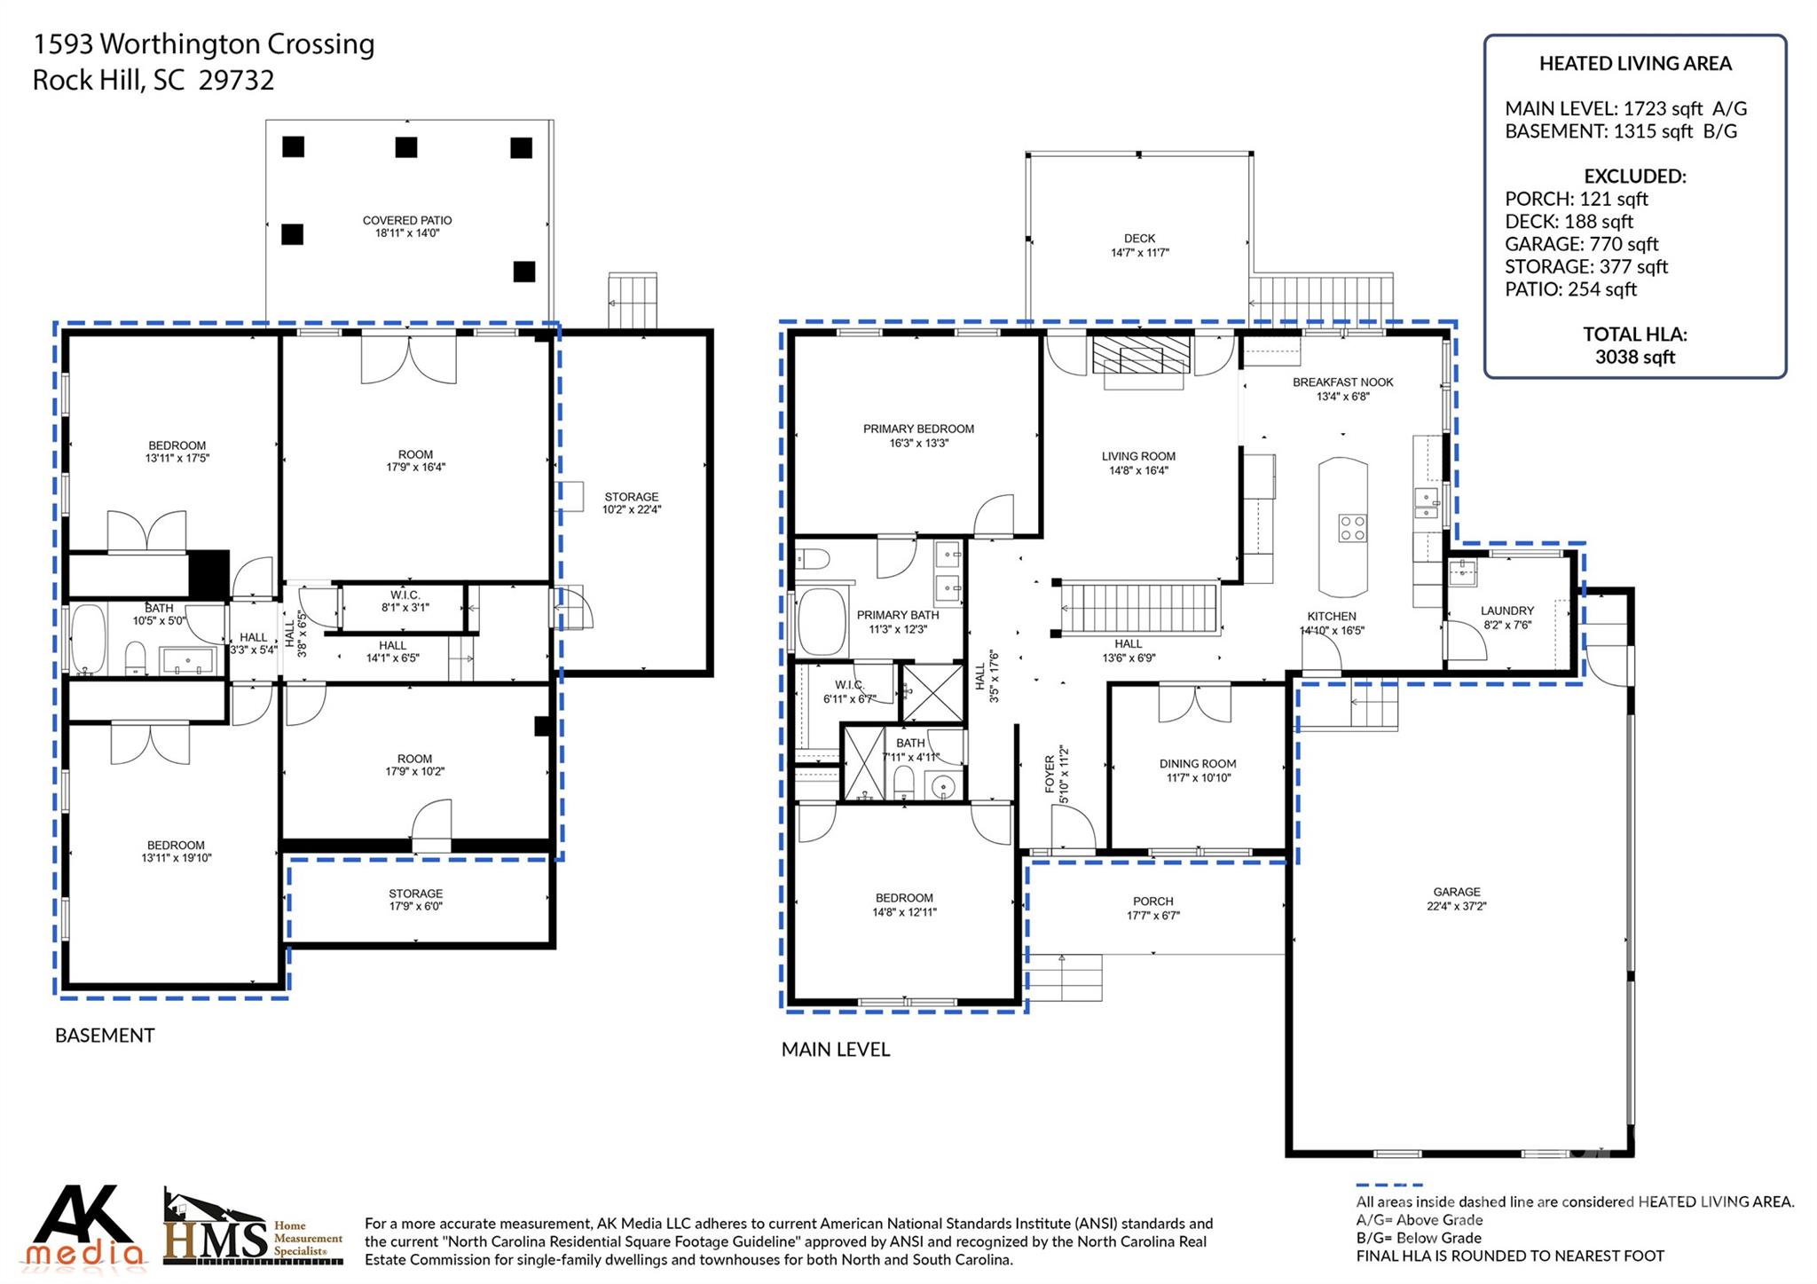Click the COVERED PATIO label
tap(407, 226)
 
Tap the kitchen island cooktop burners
tap(1352, 528)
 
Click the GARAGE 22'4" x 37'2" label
tap(1456, 899)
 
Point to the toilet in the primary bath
tap(812, 558)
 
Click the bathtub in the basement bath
tap(87, 639)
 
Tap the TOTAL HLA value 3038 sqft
tap(1634, 357)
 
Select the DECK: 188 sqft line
tap(1569, 222)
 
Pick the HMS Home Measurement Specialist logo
tap(253, 1229)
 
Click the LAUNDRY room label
tap(1506, 617)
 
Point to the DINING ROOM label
tap(1197, 770)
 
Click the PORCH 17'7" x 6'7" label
tap(1152, 908)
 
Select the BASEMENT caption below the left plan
tap(105, 1036)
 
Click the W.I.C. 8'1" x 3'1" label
tap(405, 601)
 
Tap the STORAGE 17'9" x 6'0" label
tap(415, 900)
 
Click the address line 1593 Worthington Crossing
tap(204, 43)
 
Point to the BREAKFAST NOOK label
tap(1342, 389)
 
